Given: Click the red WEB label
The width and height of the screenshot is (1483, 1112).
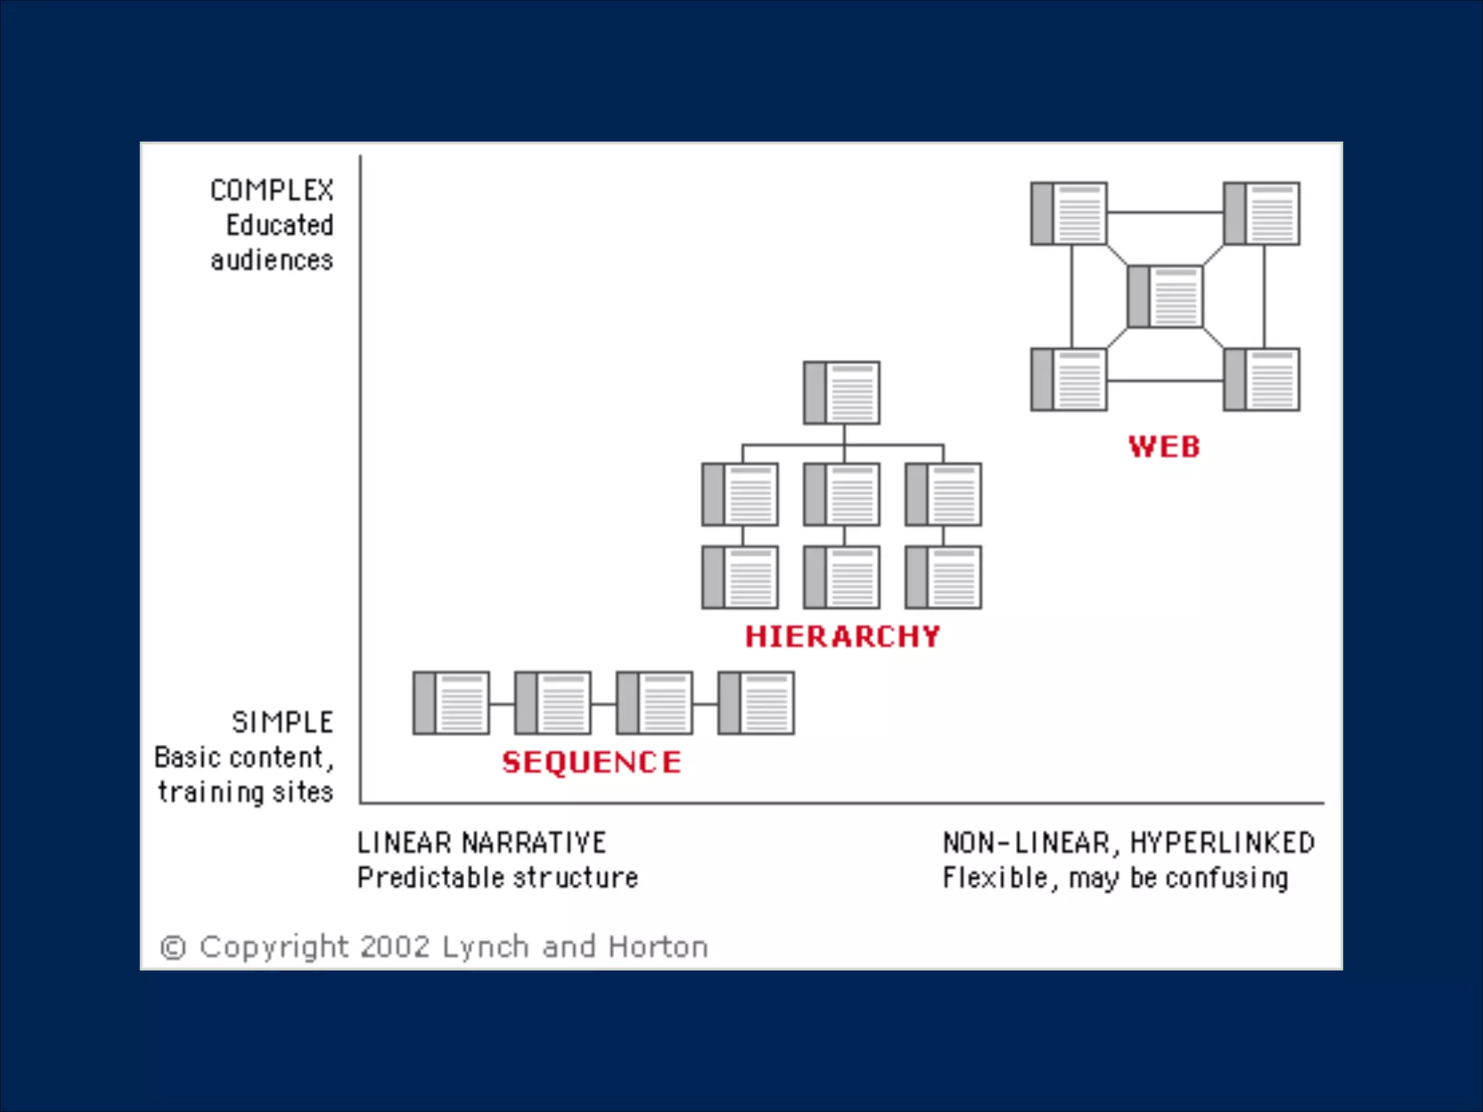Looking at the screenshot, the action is (1164, 447).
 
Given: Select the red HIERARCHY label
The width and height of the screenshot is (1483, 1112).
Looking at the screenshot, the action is (842, 636).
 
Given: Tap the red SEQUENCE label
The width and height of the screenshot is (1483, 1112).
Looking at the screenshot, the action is (592, 762).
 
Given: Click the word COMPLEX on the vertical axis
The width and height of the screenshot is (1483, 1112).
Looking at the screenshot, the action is (272, 190).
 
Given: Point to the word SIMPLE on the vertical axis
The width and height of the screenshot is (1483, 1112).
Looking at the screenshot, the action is (282, 722).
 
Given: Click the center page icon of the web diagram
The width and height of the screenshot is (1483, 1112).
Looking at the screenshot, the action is (1165, 297).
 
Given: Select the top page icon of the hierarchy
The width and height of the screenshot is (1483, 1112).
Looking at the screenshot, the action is (842, 392).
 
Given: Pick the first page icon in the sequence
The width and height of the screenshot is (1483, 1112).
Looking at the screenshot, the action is (451, 703).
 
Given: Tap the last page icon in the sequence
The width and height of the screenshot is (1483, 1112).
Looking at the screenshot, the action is (756, 703).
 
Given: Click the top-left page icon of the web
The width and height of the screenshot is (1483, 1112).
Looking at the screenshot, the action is (1069, 214).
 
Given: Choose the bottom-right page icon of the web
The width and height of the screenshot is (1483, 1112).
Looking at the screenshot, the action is (1261, 379).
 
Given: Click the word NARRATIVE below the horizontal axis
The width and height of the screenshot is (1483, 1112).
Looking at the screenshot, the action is (534, 843).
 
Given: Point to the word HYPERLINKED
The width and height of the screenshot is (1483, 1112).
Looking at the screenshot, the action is (1222, 843).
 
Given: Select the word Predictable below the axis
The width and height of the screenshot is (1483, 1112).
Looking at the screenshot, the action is (429, 877).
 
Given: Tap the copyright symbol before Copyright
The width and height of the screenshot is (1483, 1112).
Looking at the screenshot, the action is (173, 948).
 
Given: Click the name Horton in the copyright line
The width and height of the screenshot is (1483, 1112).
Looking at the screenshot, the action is (658, 947).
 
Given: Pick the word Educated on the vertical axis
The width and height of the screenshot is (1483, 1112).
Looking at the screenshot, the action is (280, 225).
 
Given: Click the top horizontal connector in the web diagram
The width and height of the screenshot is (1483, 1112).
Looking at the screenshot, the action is (1165, 212).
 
